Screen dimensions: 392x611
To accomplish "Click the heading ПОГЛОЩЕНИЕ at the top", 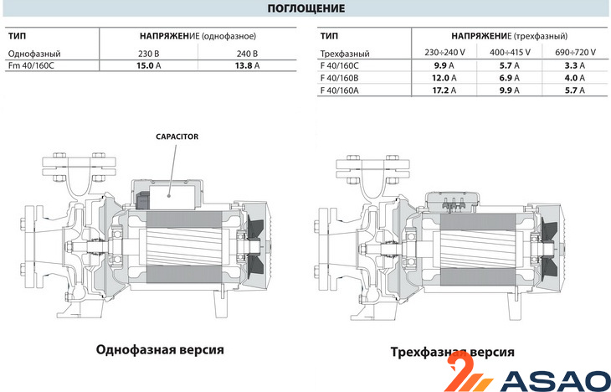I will click(x=305, y=9).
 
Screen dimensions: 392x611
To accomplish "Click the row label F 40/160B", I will click(x=341, y=77).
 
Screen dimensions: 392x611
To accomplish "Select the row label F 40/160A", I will click(x=341, y=90).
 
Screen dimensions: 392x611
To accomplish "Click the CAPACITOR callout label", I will click(x=177, y=136).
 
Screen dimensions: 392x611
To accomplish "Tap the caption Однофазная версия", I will click(x=161, y=349).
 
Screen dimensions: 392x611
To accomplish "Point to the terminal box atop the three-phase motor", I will click(x=452, y=201).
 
